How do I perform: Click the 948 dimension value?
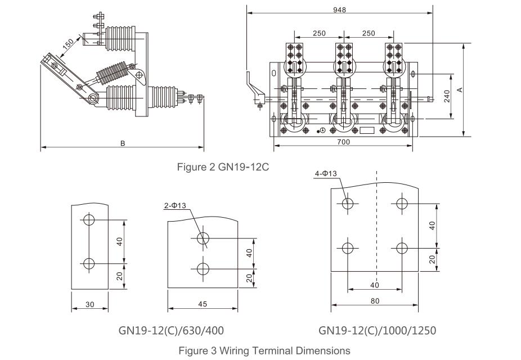tap(339, 10)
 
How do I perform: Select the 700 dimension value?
tap(343, 142)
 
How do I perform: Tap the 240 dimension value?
tap(447, 96)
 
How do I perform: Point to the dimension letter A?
tap(460, 89)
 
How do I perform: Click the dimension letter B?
tap(123, 143)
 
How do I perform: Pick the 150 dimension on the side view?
tap(68, 44)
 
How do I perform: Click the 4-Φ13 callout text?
tap(326, 173)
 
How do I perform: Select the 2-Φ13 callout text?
tap(175, 205)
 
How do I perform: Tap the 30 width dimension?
tap(89, 304)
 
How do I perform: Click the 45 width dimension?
tap(203, 304)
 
